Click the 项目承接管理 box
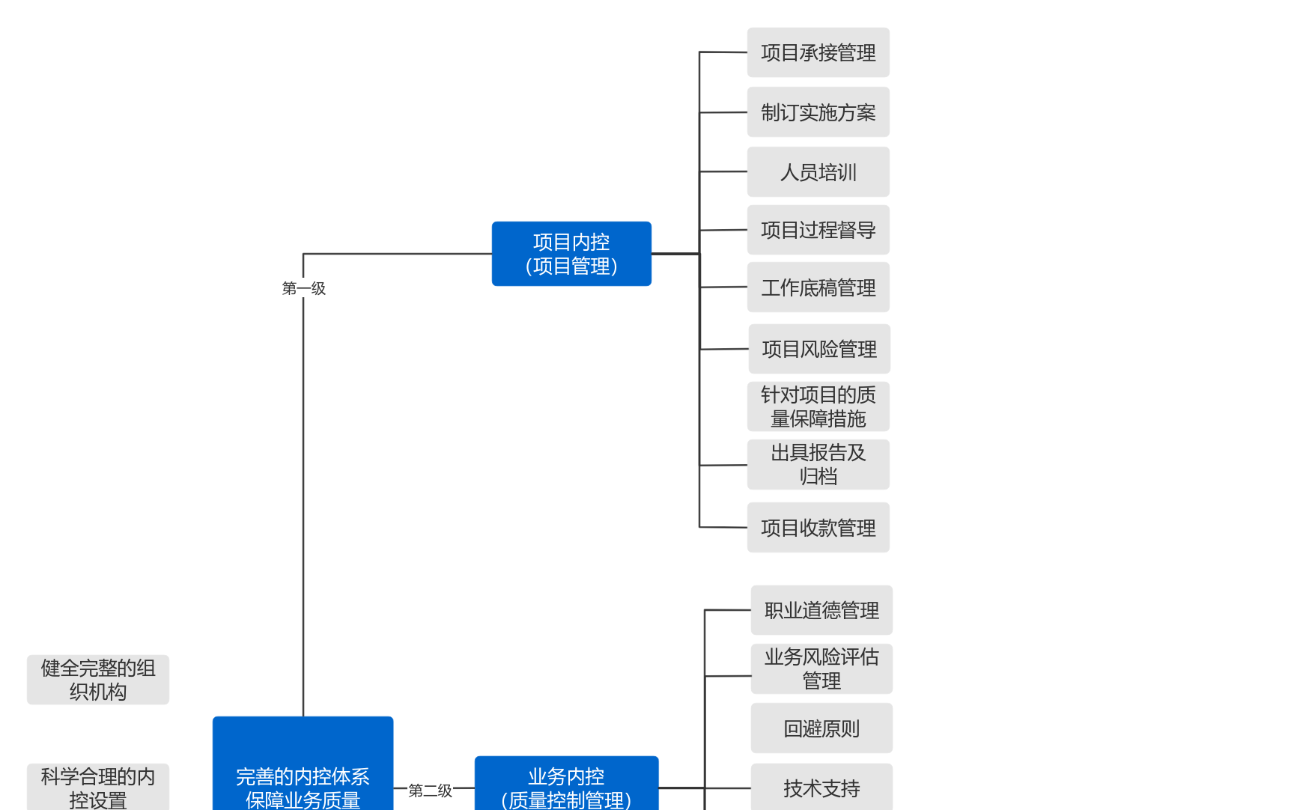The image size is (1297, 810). coord(818,52)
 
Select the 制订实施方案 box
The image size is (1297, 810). coord(818,112)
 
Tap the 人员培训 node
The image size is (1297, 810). coord(818,172)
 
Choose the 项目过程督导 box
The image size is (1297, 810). coord(818,230)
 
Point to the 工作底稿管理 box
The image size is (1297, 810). coord(818,287)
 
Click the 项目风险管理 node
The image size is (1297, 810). coord(819,349)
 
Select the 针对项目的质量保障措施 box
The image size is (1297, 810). coord(818,406)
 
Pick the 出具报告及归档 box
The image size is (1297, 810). coord(818,464)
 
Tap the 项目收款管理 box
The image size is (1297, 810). coord(818,528)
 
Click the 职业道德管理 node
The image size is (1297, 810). coord(821,610)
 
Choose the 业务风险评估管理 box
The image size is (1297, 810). coord(821,669)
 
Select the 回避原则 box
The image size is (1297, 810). coord(821,728)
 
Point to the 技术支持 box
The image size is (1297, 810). coord(821,788)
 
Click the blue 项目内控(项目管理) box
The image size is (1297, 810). coord(571,254)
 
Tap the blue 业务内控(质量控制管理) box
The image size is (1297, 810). coord(566,785)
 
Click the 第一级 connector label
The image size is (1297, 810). coord(303,288)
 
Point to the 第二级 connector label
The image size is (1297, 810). coord(430,791)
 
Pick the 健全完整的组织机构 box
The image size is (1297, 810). coord(98,680)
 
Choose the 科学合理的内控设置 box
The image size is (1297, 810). coord(98,787)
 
